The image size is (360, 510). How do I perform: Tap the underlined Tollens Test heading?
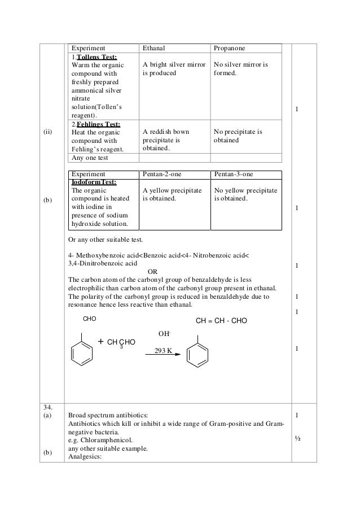(94, 57)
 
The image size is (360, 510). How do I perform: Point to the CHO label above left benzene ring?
(90, 320)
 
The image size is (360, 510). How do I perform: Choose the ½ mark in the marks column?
(298, 438)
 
